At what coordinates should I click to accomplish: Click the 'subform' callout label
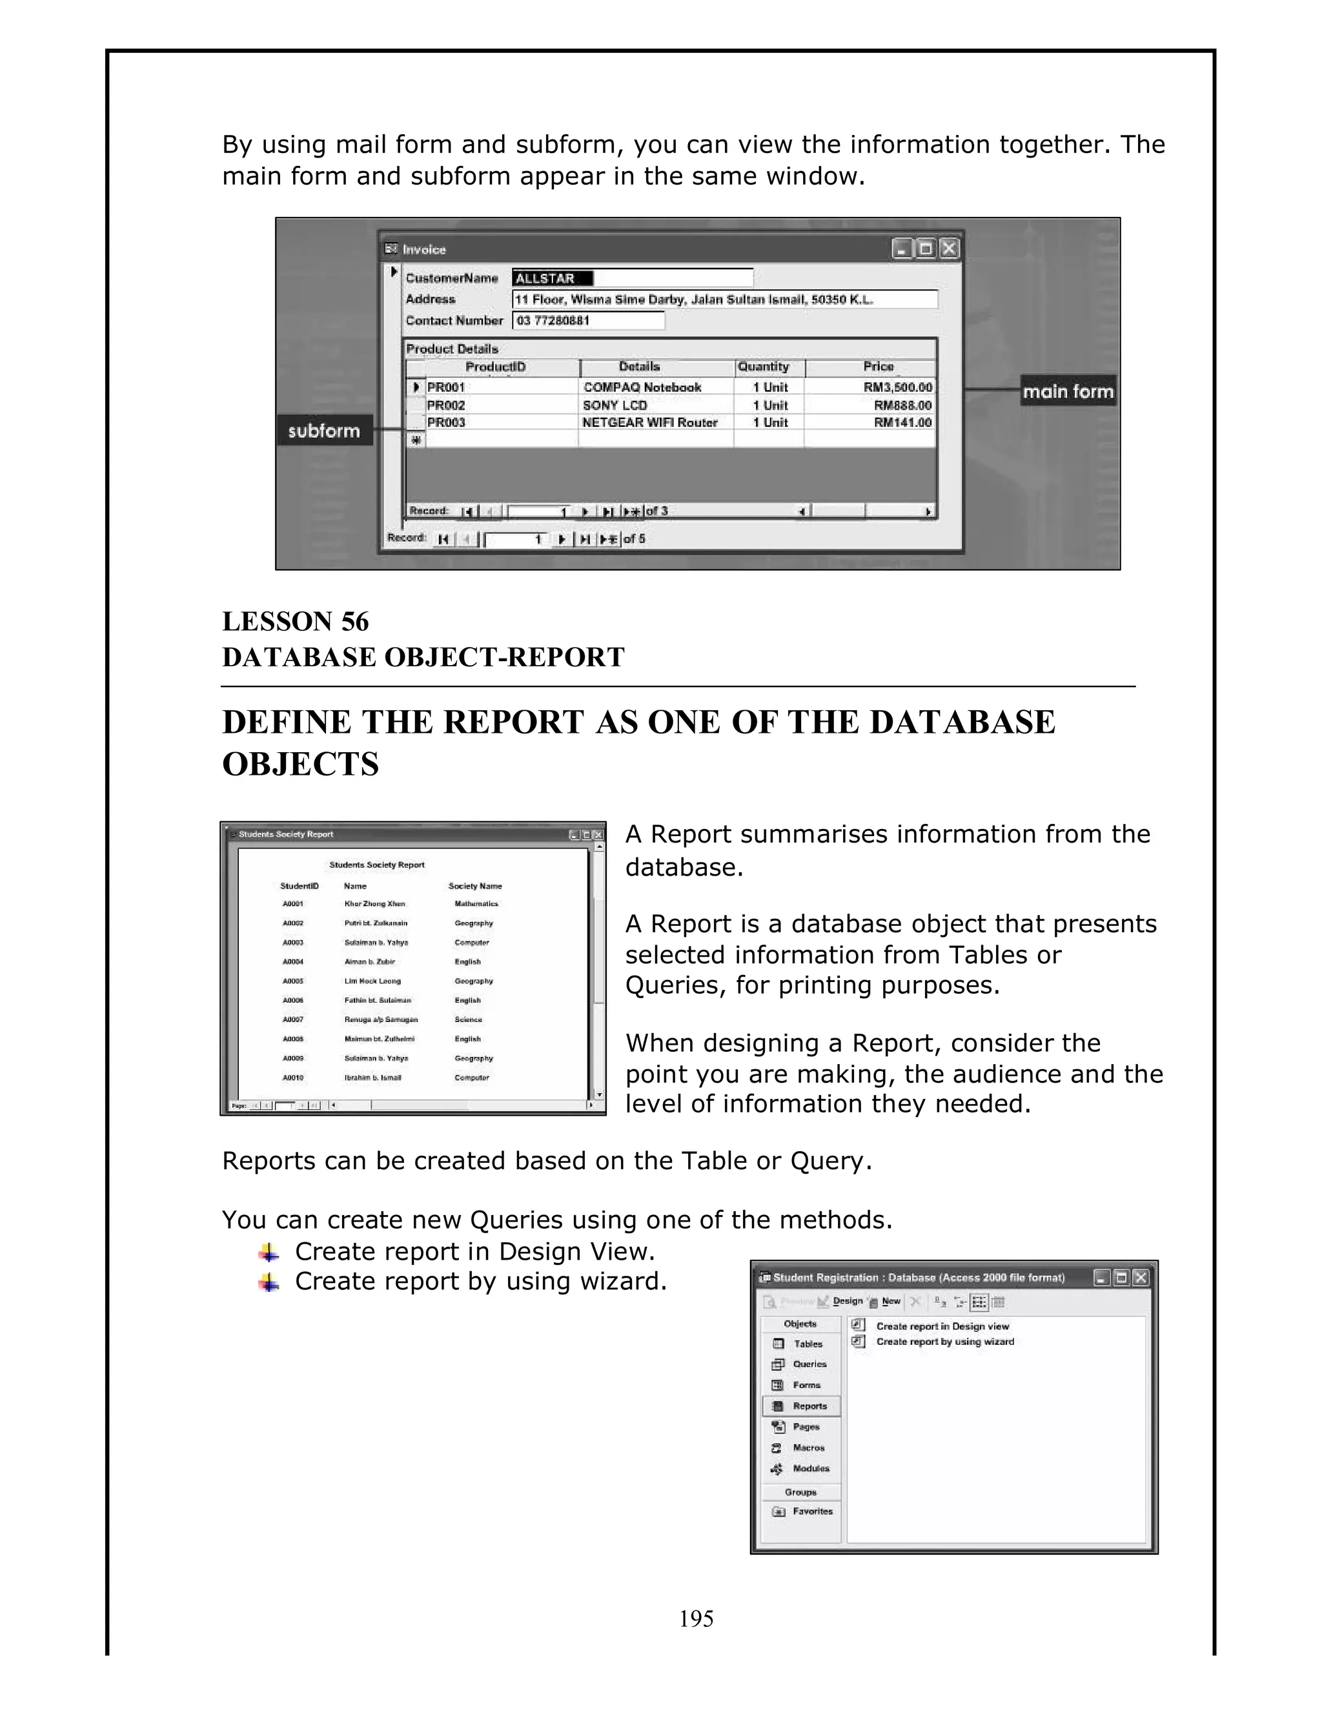pos(323,431)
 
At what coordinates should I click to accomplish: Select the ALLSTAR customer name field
pos(552,278)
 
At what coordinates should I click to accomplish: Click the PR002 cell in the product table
pos(447,405)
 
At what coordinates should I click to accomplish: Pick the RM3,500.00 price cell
pos(897,387)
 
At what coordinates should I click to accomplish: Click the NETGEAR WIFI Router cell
pos(650,422)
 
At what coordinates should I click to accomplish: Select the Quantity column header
pos(764,367)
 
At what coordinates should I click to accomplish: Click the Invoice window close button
pos(949,249)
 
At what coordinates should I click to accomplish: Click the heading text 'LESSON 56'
pos(295,621)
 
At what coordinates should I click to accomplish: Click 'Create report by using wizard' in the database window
pos(944,1341)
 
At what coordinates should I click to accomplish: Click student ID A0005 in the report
pos(293,981)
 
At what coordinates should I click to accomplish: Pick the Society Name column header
pos(474,886)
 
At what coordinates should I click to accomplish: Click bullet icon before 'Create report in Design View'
pos(269,1253)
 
